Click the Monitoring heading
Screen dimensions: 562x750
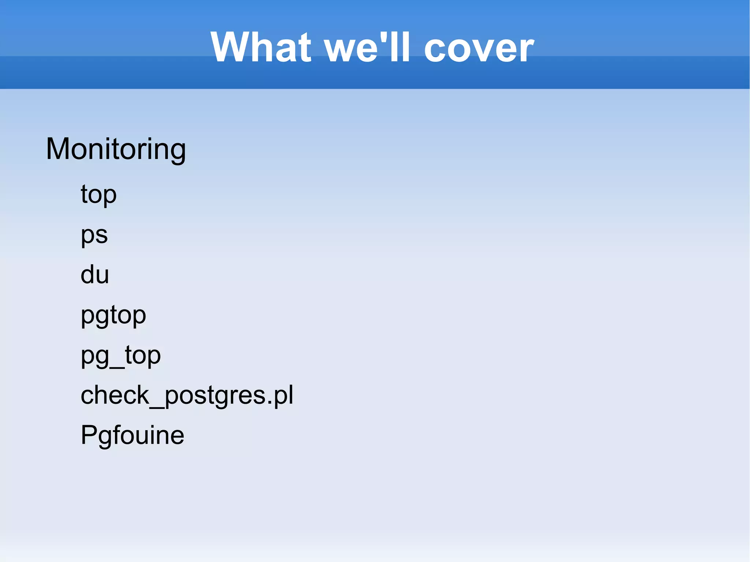(116, 149)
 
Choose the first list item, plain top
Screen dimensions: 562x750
(99, 194)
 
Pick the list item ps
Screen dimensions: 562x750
(94, 235)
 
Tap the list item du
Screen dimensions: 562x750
(94, 275)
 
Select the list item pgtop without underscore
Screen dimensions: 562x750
(113, 315)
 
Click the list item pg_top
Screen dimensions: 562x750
(120, 356)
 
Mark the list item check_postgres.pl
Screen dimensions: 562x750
(187, 395)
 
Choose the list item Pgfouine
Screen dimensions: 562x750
(132, 435)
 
